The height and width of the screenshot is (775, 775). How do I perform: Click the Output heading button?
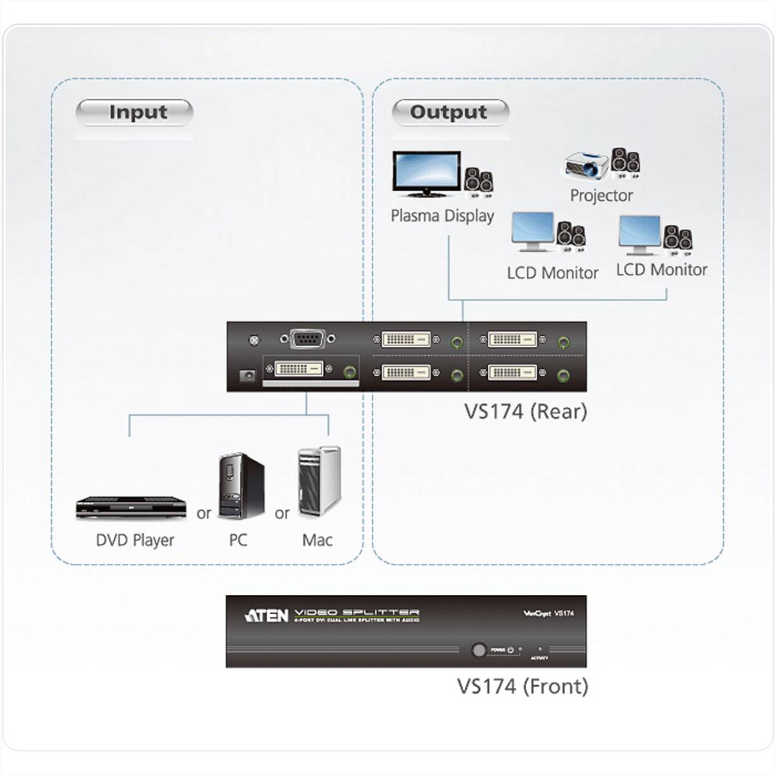(x=449, y=112)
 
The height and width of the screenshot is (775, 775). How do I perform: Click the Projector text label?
(x=601, y=195)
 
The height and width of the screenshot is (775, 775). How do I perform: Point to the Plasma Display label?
(x=442, y=216)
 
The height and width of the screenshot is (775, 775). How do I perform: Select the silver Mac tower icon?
(x=319, y=481)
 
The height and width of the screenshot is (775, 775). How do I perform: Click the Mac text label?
(x=317, y=540)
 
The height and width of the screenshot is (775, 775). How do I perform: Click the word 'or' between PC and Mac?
(x=282, y=514)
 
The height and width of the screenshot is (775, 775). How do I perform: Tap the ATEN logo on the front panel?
(x=266, y=615)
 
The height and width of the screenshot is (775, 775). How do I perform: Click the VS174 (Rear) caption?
(x=525, y=411)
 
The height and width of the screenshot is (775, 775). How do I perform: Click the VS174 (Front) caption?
(x=522, y=686)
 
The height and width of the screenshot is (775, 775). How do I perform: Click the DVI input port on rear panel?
(x=298, y=370)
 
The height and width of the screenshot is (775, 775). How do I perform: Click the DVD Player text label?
(x=135, y=540)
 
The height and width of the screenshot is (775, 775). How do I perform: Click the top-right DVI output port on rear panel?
(x=512, y=339)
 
